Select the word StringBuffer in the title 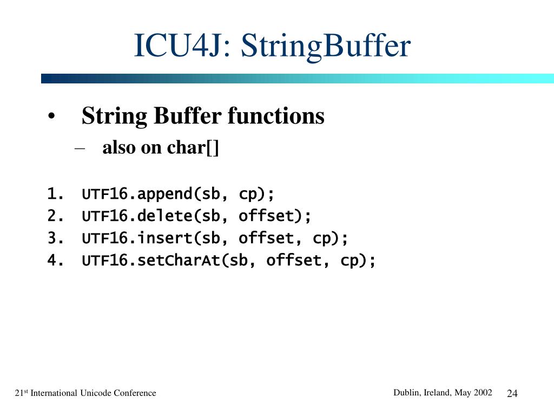(x=326, y=47)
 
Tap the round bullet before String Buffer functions (x=52, y=118)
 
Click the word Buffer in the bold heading (x=188, y=116)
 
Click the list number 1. (x=55, y=194)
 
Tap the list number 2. (x=55, y=216)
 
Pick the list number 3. (x=55, y=238)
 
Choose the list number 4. (x=55, y=261)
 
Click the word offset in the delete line (x=266, y=216)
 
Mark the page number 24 (x=512, y=393)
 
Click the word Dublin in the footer (x=406, y=392)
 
